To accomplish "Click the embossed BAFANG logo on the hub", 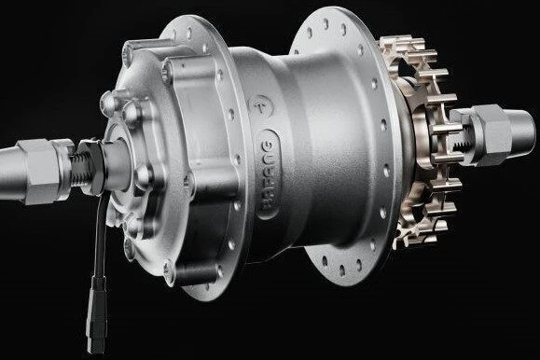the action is coord(270,174).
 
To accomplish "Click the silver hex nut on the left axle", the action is coord(42,172).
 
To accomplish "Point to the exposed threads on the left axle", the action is coord(81,170).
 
